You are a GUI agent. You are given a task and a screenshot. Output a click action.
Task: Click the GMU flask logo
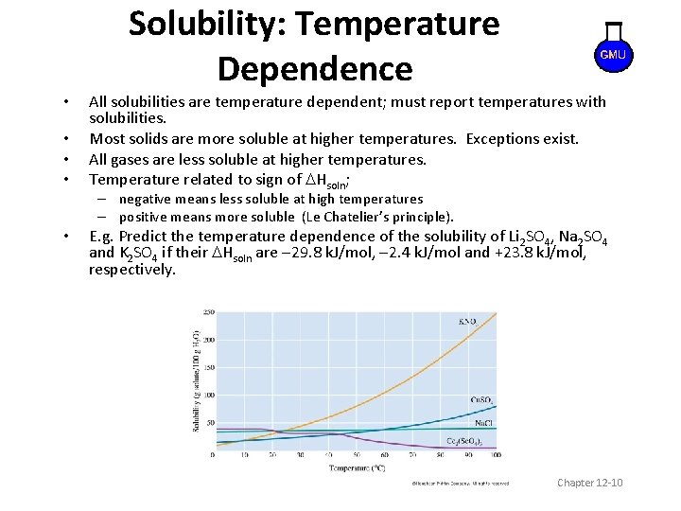[612, 51]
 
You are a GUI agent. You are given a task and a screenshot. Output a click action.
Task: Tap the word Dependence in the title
[314, 69]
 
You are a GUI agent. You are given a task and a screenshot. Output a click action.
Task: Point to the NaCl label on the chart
[482, 423]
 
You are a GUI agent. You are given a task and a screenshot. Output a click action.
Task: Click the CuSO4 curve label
[482, 400]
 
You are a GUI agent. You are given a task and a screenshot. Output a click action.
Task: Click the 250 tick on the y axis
[208, 311]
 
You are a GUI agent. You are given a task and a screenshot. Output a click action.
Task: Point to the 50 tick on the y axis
[210, 423]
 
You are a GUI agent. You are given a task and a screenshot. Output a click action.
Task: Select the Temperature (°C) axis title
[357, 467]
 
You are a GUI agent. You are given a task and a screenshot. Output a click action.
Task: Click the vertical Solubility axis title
[196, 382]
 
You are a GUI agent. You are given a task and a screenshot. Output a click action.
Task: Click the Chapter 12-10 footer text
[590, 484]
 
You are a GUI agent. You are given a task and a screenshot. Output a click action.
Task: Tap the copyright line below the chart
[459, 484]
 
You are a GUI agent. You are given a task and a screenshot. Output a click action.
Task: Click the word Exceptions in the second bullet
[501, 139]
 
